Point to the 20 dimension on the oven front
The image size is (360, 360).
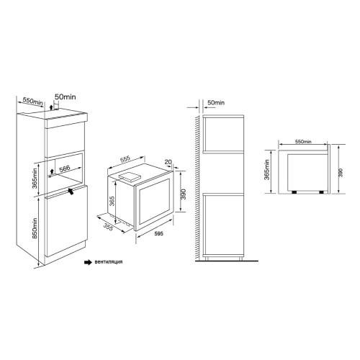pos(168,163)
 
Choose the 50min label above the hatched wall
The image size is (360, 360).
pos(215,103)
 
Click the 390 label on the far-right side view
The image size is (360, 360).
pos(341,173)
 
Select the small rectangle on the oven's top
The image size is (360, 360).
pos(130,174)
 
